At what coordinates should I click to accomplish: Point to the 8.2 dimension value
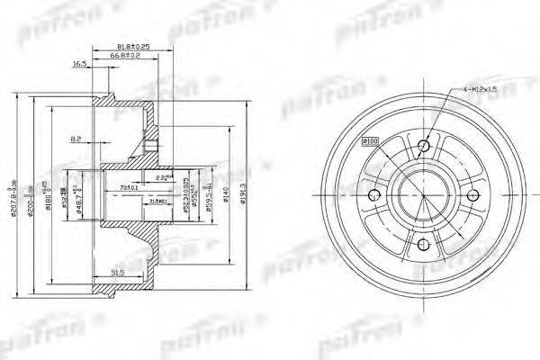pyautogui.click(x=76, y=139)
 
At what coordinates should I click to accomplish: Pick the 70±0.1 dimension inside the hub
pyautogui.click(x=127, y=186)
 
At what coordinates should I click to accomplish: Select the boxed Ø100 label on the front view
pyautogui.click(x=369, y=140)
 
